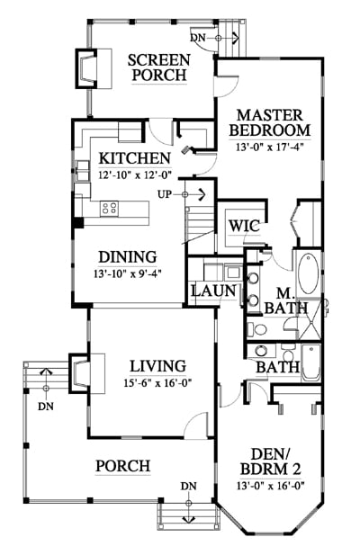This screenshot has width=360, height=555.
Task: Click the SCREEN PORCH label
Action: [x=159, y=67]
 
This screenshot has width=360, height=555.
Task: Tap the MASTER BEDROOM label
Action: [x=270, y=123]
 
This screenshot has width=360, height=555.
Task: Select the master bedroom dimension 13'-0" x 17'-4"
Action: [x=270, y=147]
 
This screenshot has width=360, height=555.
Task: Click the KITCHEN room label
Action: [x=134, y=158]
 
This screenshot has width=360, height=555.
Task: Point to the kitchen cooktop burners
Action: [x=109, y=208]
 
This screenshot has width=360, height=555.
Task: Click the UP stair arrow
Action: [x=193, y=194]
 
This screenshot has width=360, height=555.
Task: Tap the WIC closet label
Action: [x=244, y=226]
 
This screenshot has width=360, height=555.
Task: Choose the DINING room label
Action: [x=128, y=257]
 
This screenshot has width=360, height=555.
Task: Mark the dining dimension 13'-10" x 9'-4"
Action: [x=128, y=273]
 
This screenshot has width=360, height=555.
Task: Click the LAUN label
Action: [x=213, y=291]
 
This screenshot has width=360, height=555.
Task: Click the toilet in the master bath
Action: [x=257, y=329]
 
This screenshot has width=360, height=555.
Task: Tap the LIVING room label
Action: [x=157, y=366]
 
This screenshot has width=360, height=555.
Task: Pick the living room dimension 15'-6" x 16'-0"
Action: [x=157, y=383]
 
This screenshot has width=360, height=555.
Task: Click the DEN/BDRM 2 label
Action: [x=271, y=461]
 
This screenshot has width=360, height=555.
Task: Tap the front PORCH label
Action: [x=123, y=466]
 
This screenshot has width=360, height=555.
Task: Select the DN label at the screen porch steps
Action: [x=198, y=38]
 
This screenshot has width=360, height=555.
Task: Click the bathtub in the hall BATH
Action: [x=310, y=362]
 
